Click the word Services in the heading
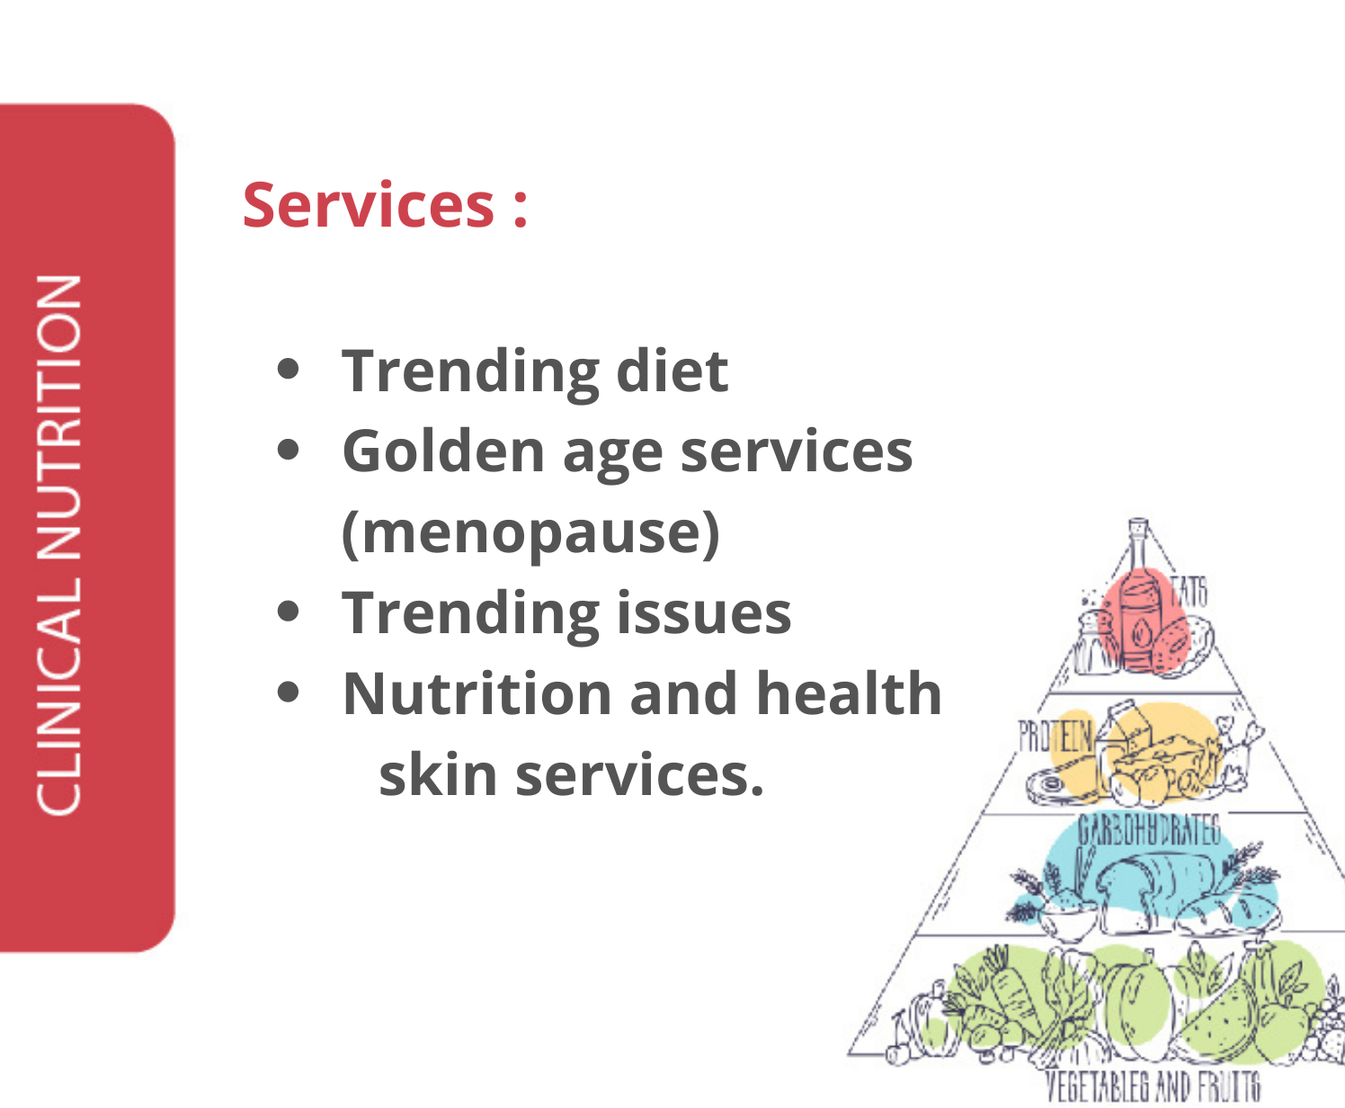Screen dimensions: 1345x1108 click(368, 205)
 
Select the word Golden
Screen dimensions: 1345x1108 click(444, 451)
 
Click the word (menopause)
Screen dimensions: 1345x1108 click(530, 533)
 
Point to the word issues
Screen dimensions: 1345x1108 click(704, 612)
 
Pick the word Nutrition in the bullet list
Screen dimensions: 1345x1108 click(477, 693)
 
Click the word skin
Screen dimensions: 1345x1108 click(437, 774)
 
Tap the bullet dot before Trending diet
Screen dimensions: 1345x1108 click(288, 370)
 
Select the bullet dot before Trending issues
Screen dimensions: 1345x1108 click(288, 611)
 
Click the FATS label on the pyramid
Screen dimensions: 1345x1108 click(1189, 592)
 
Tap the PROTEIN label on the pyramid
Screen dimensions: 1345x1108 click(1056, 736)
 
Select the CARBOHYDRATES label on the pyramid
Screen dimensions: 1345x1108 click(1149, 830)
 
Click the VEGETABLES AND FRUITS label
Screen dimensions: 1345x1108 click(1153, 1086)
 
